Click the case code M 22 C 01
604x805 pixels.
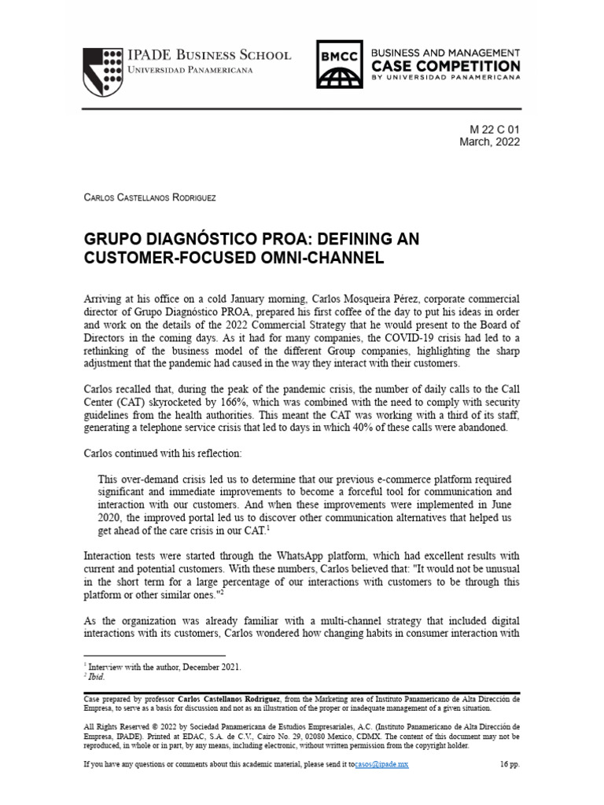pos(495,129)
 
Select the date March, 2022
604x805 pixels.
pos(489,142)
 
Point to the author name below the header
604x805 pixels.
pos(149,197)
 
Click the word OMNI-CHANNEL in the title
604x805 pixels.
pos(323,258)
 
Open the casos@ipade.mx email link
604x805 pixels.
pos(381,763)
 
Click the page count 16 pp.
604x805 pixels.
pos(510,763)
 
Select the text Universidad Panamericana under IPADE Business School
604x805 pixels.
pos(190,71)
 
